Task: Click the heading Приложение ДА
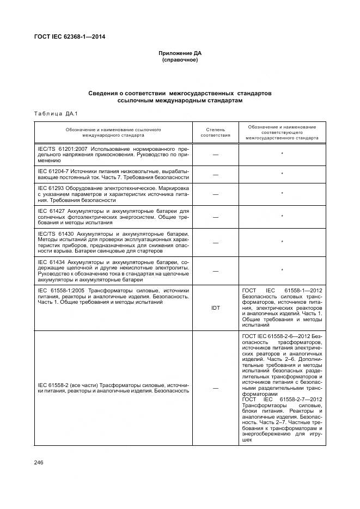pos(180,53)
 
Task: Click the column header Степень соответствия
pos(216,132)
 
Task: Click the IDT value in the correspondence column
pos(216,308)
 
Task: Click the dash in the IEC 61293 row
pos(216,194)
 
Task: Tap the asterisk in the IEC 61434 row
pos(282,271)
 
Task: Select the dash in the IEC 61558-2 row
pos(216,388)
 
